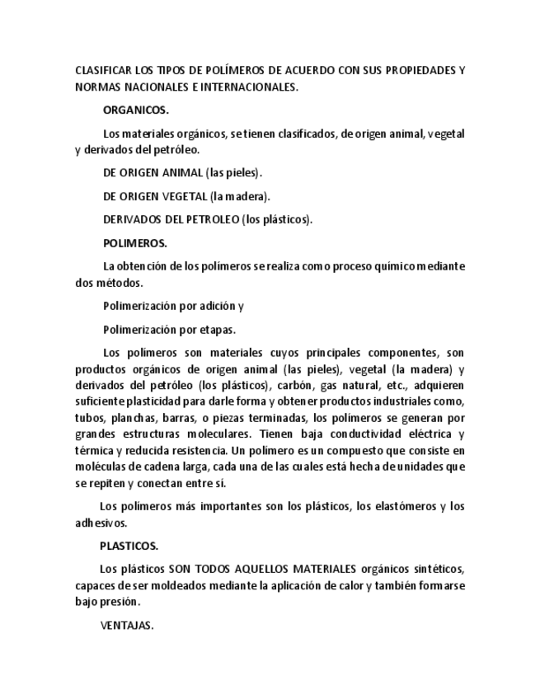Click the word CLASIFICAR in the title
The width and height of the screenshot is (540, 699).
tap(102, 70)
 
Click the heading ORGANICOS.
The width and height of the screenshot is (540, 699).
tap(135, 110)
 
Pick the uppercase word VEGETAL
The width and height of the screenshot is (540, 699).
tap(180, 196)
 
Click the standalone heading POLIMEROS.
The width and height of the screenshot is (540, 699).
tap(134, 243)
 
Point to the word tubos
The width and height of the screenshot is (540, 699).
tap(90, 417)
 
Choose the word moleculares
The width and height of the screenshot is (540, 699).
tap(215, 434)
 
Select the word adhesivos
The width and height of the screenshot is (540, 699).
tap(101, 523)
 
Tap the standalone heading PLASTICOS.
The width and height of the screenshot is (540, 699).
tap(129, 546)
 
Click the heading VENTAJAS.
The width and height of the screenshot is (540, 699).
tap(126, 626)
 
